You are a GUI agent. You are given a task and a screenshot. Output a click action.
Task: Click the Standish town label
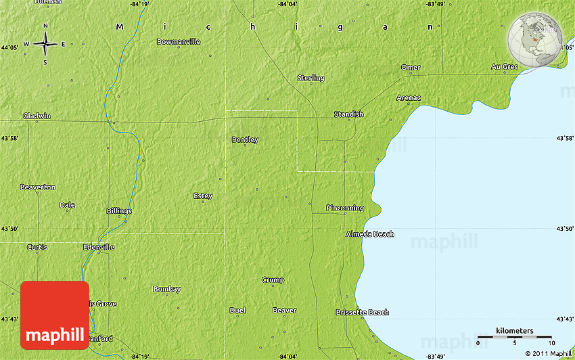pyautogui.click(x=348, y=114)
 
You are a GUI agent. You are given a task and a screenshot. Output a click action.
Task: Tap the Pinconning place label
pyautogui.click(x=344, y=208)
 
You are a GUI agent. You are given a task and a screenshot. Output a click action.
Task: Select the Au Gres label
pyautogui.click(x=504, y=67)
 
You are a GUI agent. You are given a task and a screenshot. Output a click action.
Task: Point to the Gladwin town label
pyautogui.click(x=37, y=116)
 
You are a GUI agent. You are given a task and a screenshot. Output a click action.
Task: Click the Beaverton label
pyautogui.click(x=38, y=187)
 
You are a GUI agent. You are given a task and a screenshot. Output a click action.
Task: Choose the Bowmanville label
pyautogui.click(x=179, y=41)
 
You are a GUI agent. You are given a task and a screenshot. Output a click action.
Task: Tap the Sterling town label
pyautogui.click(x=310, y=78)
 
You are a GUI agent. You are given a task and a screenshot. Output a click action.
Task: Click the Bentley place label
pyautogui.click(x=245, y=140)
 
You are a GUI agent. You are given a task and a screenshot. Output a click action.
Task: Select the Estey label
pyautogui.click(x=203, y=196)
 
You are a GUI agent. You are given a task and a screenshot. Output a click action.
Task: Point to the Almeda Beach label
pyautogui.click(x=369, y=234)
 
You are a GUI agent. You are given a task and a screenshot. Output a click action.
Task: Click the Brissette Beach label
pyautogui.click(x=363, y=312)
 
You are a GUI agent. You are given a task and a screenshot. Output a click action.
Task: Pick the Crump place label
pyautogui.click(x=273, y=279)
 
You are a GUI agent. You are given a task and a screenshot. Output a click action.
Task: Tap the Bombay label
pyautogui.click(x=166, y=289)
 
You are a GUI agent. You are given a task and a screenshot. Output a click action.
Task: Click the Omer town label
pyautogui.click(x=411, y=68)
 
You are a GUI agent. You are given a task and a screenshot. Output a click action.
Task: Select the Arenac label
pyautogui.click(x=409, y=98)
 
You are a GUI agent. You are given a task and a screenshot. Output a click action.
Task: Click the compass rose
pyautogui.click(x=45, y=44)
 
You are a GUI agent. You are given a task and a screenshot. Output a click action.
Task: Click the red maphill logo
pyautogui.click(x=55, y=315)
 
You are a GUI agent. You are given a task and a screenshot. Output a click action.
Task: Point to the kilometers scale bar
pyautogui.click(x=514, y=336)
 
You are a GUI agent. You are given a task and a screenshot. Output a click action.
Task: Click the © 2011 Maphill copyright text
pyautogui.click(x=547, y=353)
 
